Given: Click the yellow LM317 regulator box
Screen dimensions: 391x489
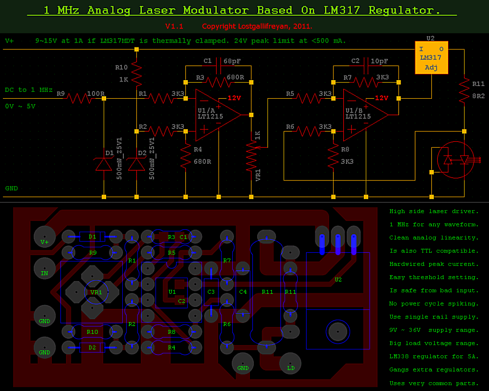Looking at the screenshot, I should (431, 58).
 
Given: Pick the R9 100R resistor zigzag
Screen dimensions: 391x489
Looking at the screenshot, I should (79, 99).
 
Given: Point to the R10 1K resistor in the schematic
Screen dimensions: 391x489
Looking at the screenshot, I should (136, 72).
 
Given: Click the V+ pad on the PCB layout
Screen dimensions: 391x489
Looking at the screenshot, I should (44, 237).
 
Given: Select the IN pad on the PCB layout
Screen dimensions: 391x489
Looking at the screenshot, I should (44, 268).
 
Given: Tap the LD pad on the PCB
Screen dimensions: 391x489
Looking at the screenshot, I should (290, 363).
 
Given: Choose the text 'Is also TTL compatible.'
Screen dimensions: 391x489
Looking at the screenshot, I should (434, 251).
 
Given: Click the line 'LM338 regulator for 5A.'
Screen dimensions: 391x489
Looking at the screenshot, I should (434, 356).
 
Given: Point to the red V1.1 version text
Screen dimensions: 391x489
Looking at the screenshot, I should (174, 26).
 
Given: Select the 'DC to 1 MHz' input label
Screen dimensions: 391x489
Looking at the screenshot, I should (29, 90).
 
